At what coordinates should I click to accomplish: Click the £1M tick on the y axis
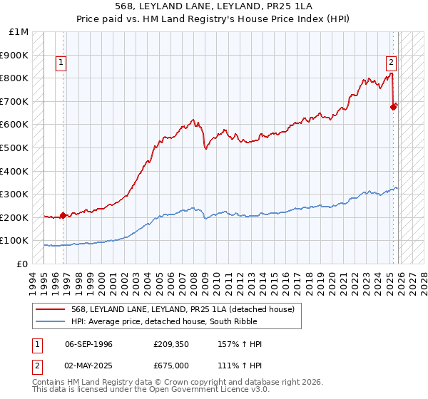tap(20, 32)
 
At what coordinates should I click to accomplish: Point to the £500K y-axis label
tap(15, 148)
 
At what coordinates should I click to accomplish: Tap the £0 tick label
tap(23, 264)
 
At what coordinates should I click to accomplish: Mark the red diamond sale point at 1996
tap(63, 214)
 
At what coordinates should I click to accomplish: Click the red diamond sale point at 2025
tap(393, 108)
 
